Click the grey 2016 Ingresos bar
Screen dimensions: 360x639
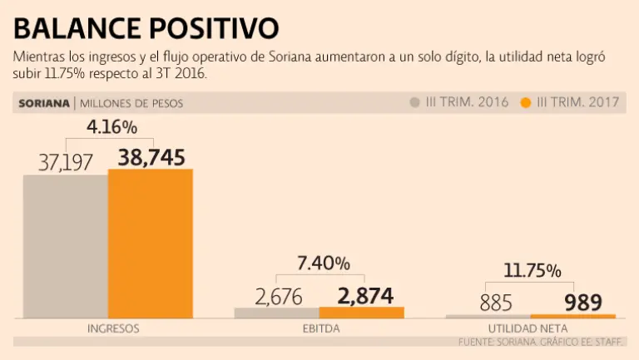pyautogui.click(x=65, y=246)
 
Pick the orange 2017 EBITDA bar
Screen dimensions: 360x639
pyautogui.click(x=361, y=313)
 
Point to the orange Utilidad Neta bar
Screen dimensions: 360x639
pyautogui.click(x=573, y=316)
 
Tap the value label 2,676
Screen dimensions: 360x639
pyautogui.click(x=279, y=297)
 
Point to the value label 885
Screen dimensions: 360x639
pyautogui.click(x=496, y=303)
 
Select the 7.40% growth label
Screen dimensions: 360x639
pyautogui.click(x=324, y=264)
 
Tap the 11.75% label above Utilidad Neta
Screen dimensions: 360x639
pyautogui.click(x=532, y=270)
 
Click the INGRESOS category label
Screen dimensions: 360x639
pyautogui.click(x=112, y=328)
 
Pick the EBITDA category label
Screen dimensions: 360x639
pyautogui.click(x=320, y=328)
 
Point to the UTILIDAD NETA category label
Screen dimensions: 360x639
pyautogui.click(x=529, y=328)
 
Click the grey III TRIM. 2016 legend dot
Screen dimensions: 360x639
pyautogui.click(x=414, y=103)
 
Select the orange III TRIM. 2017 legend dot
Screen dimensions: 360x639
pyautogui.click(x=525, y=103)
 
